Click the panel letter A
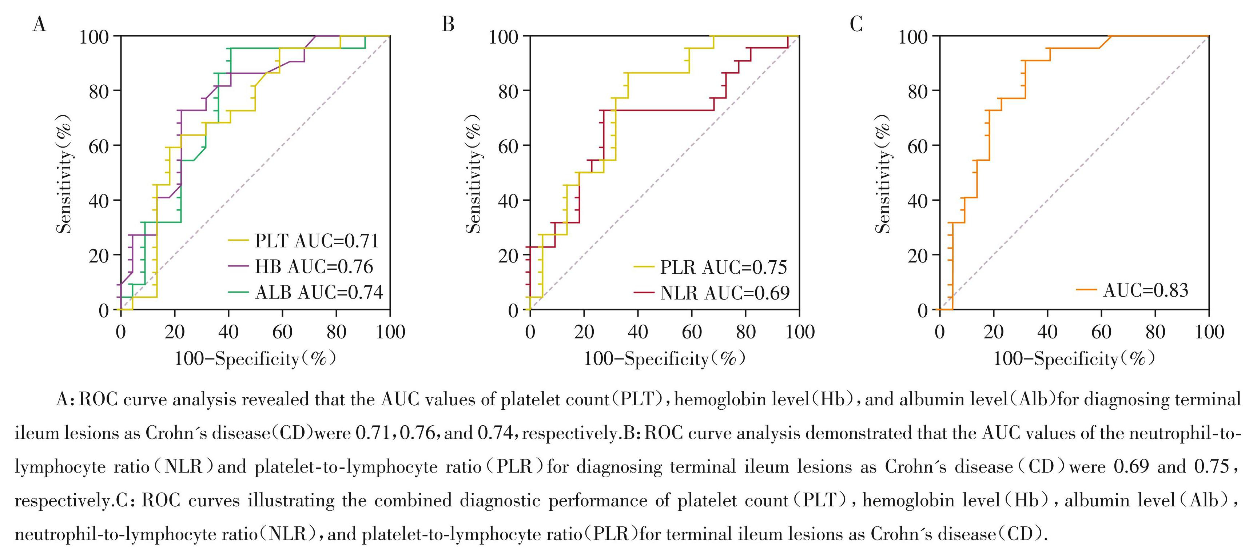coord(39,23)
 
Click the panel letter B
coord(448,23)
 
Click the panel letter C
coord(856,23)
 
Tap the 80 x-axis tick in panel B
coord(745,332)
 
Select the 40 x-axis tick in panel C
coord(1047,332)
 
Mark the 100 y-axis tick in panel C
coord(913,36)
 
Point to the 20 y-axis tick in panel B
coord(509,255)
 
